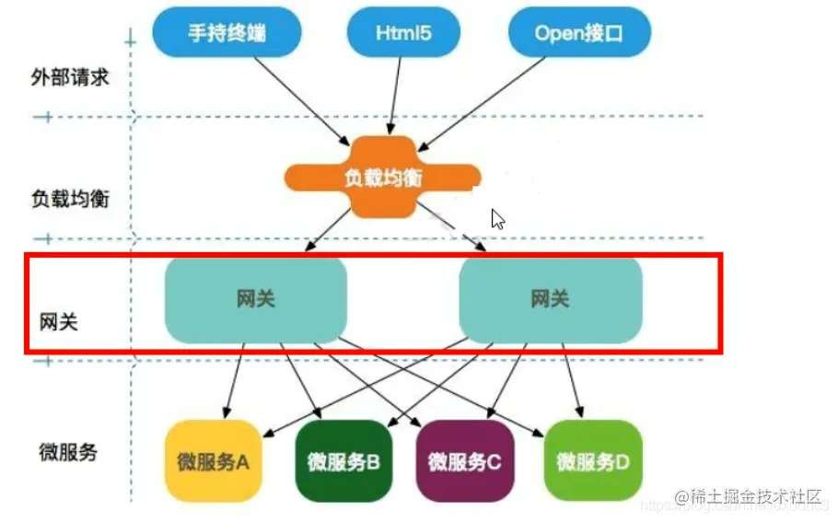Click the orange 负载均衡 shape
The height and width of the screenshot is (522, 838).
[383, 177]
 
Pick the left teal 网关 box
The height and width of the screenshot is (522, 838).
[255, 299]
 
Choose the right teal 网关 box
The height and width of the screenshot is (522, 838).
[550, 299]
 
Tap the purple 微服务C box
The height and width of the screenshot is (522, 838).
[465, 461]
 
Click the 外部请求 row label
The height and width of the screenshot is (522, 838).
[70, 77]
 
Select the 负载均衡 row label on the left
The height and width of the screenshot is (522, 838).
[70, 198]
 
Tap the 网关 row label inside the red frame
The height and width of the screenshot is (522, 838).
[59, 323]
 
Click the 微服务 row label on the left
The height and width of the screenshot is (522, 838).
[68, 452]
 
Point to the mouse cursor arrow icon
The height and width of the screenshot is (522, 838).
[497, 219]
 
